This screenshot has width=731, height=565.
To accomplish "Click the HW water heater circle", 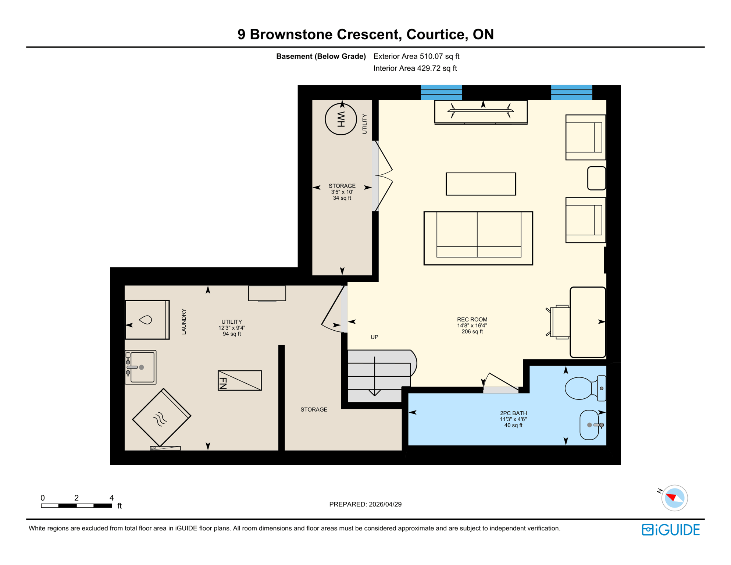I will pyautogui.click(x=340, y=119).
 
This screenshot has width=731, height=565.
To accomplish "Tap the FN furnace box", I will pyautogui.click(x=239, y=380).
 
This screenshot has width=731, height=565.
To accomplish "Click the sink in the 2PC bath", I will pyautogui.click(x=590, y=425).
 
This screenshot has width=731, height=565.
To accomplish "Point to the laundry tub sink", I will pyautogui.click(x=141, y=367).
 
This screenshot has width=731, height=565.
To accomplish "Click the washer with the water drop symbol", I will pyautogui.click(x=147, y=320).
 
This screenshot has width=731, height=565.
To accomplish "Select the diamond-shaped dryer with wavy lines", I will pyautogui.click(x=161, y=417).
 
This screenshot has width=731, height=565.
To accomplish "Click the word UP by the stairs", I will pyautogui.click(x=374, y=337).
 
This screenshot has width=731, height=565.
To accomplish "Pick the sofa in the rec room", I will pyautogui.click(x=478, y=238).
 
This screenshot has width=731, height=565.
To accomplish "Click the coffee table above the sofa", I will pyautogui.click(x=481, y=184).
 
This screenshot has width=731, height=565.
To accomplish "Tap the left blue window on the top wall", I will pyautogui.click(x=441, y=92).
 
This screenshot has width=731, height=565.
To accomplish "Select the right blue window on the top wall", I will pyautogui.click(x=571, y=92).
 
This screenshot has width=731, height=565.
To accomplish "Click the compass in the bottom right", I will pyautogui.click(x=674, y=498).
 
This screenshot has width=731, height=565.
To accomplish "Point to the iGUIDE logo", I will pyautogui.click(x=671, y=530).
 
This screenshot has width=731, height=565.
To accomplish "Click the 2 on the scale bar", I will pyautogui.click(x=76, y=498).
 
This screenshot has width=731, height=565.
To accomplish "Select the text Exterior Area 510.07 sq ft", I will pyautogui.click(x=416, y=56).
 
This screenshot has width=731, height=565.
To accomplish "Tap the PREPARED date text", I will pyautogui.click(x=365, y=504).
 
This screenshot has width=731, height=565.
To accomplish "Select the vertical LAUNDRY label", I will pyautogui.click(x=184, y=321).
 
